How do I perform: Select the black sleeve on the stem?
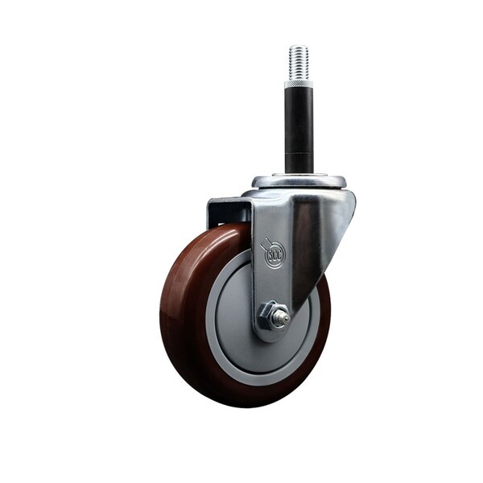[299, 121]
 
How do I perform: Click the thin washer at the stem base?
[299, 172]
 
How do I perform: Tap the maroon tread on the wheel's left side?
[179, 306]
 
